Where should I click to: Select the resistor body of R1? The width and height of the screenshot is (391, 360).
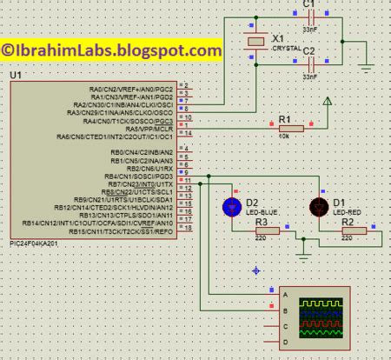pos(291,128)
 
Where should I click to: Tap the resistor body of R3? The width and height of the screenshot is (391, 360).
pos(266,230)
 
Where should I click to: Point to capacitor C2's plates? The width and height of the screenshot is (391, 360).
pos(308,65)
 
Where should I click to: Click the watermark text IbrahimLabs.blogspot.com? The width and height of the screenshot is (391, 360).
pos(111,51)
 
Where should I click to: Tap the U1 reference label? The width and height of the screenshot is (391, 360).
pos(16,77)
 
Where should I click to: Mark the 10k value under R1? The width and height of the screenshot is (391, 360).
pos(283,137)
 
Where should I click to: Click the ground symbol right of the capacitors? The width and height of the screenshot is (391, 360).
pos(366,66)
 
